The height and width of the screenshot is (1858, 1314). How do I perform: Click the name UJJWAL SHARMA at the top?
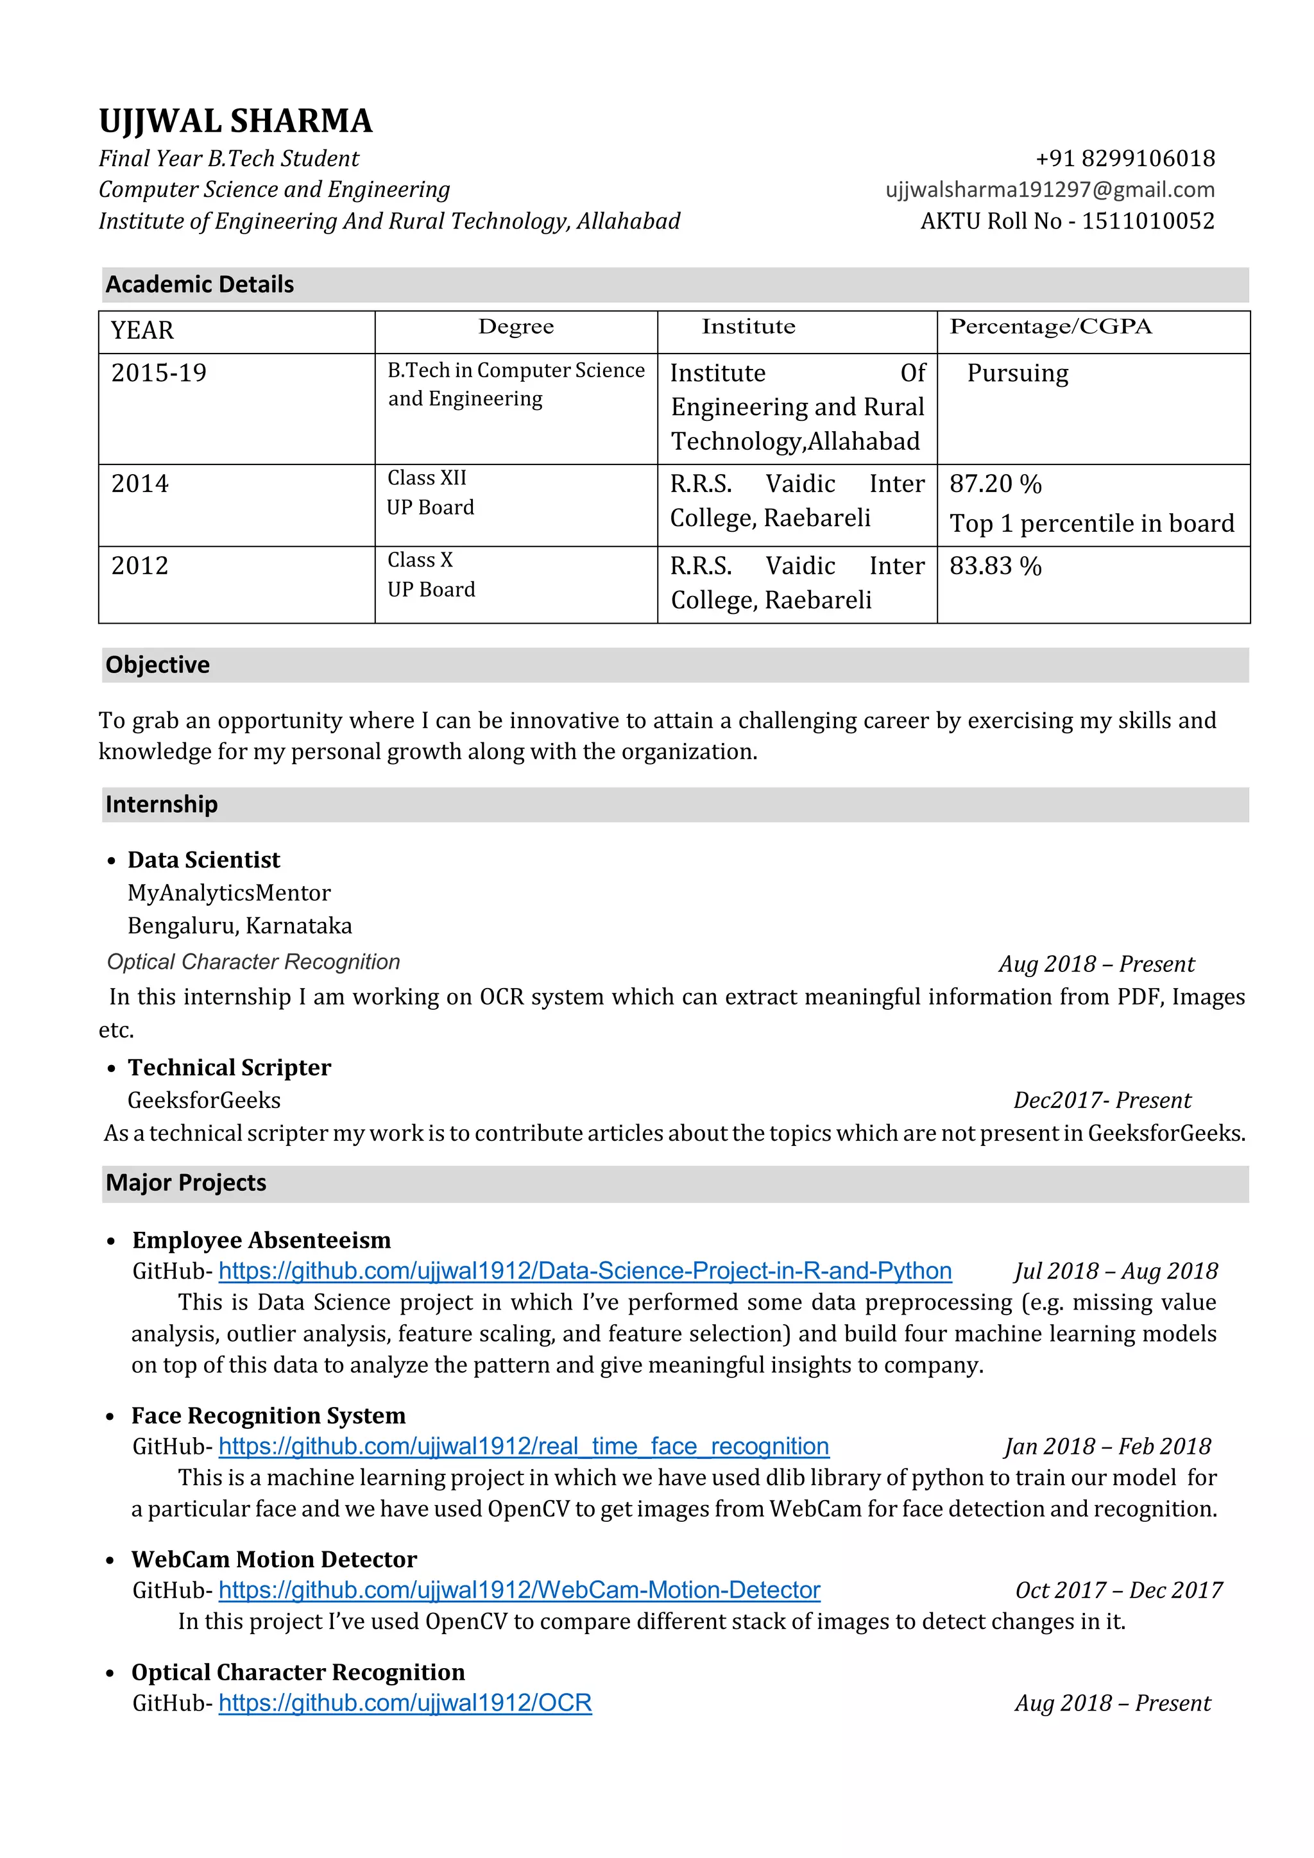pos(235,121)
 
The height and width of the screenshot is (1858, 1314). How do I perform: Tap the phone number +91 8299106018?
pos(1125,158)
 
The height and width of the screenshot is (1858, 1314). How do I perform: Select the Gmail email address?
pos(1050,189)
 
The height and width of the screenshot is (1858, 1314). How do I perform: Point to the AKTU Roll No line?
pos(1067,221)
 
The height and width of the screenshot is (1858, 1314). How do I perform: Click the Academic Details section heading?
pos(199,284)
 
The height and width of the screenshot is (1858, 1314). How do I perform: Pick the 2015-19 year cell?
pos(158,373)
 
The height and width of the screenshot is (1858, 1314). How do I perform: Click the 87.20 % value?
pos(995,484)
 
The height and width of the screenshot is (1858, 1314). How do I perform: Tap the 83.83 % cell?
pos(995,566)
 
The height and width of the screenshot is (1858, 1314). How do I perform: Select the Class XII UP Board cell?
pos(430,492)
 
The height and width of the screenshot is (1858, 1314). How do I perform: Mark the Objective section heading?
pos(157,665)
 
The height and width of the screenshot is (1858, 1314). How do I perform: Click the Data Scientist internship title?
pos(204,860)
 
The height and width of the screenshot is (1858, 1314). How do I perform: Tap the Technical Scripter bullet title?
pos(230,1068)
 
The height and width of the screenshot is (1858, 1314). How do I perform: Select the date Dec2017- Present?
pos(1102,1100)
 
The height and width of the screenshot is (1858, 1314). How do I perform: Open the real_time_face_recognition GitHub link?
pos(524,1446)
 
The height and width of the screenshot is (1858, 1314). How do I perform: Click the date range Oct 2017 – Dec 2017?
pos(1118,1590)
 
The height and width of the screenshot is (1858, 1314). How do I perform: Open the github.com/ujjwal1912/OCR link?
pos(405,1703)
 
